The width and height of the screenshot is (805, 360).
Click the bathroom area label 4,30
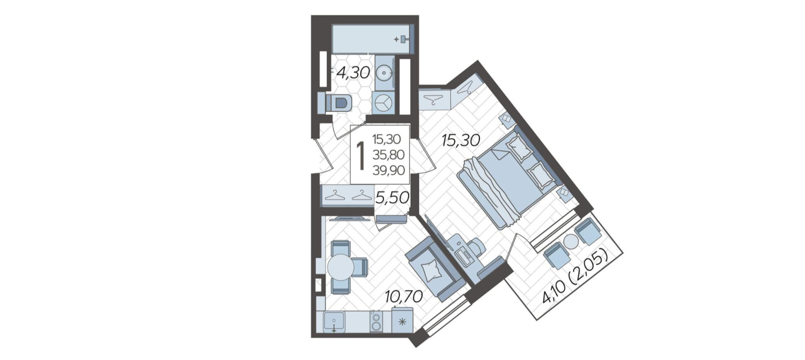(353, 73)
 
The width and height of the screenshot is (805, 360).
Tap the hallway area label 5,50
(392, 198)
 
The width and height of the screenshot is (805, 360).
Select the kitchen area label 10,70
(404, 297)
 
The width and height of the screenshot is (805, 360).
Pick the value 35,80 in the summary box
(388, 155)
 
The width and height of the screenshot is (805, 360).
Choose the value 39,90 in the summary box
(388, 170)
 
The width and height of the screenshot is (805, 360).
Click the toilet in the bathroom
(338, 103)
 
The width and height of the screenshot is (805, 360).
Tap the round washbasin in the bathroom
(384, 74)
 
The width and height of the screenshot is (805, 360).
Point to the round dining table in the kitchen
(340, 267)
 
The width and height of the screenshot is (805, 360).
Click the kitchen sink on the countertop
(334, 322)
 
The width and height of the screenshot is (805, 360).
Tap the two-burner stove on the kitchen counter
(376, 321)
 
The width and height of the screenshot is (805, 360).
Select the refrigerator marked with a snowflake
(402, 321)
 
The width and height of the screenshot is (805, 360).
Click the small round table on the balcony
(571, 242)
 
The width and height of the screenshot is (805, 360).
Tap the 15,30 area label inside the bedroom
(461, 141)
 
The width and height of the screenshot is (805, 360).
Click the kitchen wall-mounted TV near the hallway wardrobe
(350, 219)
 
